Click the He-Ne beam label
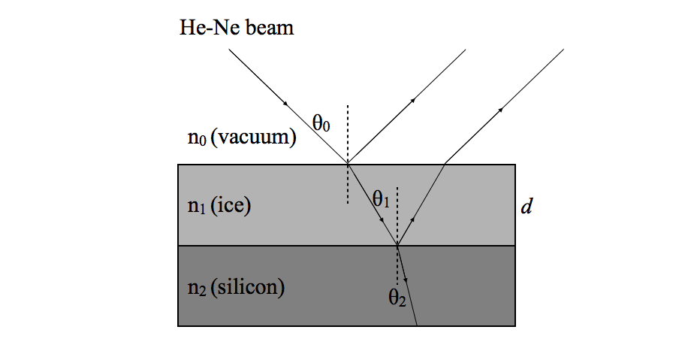pos(236,29)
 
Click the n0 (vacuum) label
pos(241,138)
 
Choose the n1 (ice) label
pos(219,206)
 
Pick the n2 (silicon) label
pos(237,287)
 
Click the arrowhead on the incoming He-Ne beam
pos(285,101)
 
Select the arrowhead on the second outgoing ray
pos(499,111)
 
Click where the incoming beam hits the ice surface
pos(348,164)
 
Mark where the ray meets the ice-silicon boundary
pos(397,246)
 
